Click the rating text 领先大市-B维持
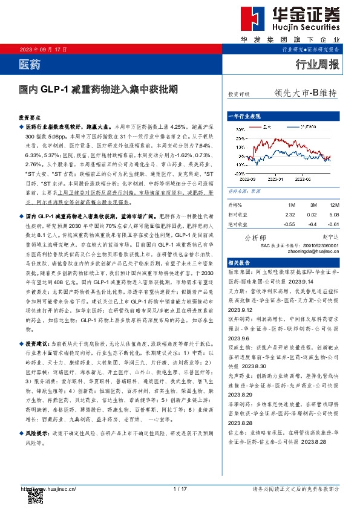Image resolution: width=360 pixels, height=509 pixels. [x=305, y=93]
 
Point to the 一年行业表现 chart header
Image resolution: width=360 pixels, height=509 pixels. [x=243, y=115]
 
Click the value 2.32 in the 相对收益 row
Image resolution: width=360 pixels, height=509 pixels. [x=290, y=214]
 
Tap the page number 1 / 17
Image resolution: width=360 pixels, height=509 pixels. [x=180, y=488]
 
